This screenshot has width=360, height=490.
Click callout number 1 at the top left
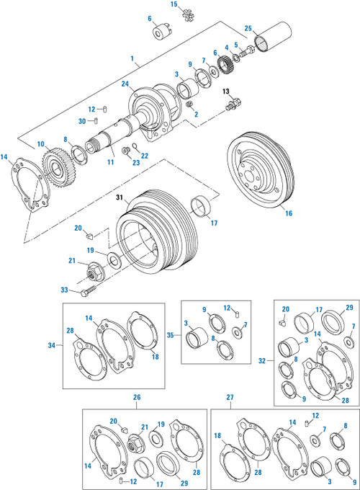(132, 58)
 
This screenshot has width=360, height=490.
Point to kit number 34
(52, 345)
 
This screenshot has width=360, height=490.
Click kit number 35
(171, 336)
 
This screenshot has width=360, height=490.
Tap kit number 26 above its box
(137, 397)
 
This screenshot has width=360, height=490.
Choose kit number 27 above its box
(230, 397)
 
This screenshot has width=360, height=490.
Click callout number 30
(83, 120)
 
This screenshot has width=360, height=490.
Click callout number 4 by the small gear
(226, 48)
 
